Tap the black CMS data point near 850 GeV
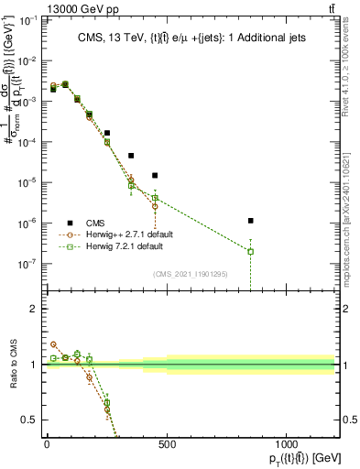tap(251, 221)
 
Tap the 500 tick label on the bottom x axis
tap(167, 445)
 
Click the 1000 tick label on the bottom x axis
tap(286, 445)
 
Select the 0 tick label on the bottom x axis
tap(47, 445)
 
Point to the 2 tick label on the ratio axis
tap(34, 309)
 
